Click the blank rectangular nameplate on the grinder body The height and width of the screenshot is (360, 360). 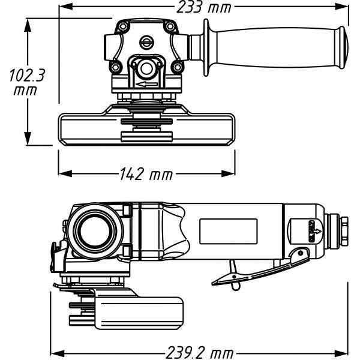click(x=228, y=231)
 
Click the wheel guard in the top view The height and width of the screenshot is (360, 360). click(x=146, y=128)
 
